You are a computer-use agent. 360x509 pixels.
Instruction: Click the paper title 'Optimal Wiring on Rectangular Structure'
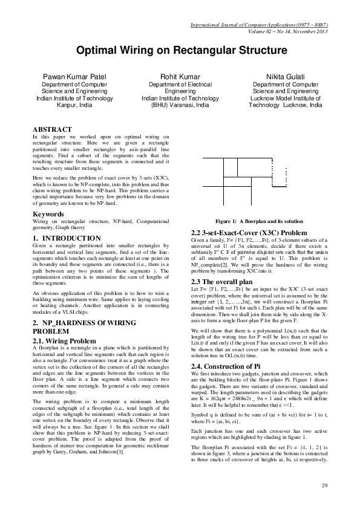point(180,53)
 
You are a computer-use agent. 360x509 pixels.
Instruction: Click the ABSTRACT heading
point(52,129)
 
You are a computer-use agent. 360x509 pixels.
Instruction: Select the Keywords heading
point(48,215)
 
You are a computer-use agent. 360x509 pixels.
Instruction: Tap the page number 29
point(324,485)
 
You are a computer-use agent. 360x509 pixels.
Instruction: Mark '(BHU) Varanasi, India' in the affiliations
point(180,105)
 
